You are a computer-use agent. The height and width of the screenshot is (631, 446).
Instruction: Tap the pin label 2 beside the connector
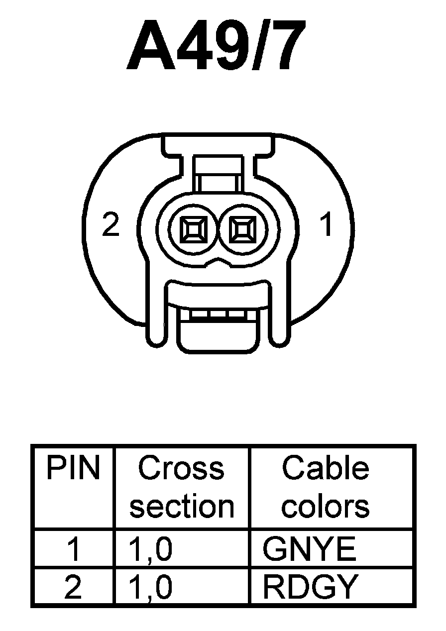click(x=111, y=225)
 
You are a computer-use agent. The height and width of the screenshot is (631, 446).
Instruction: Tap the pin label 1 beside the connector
click(x=326, y=225)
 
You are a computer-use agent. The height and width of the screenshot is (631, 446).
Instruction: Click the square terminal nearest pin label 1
click(x=243, y=230)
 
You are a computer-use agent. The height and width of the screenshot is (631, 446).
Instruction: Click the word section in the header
click(x=182, y=506)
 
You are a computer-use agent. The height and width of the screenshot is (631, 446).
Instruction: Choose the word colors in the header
click(x=326, y=506)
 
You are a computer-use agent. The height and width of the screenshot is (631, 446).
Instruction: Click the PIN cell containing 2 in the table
click(x=73, y=587)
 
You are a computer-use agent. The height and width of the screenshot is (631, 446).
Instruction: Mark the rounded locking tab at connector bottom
click(x=218, y=334)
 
